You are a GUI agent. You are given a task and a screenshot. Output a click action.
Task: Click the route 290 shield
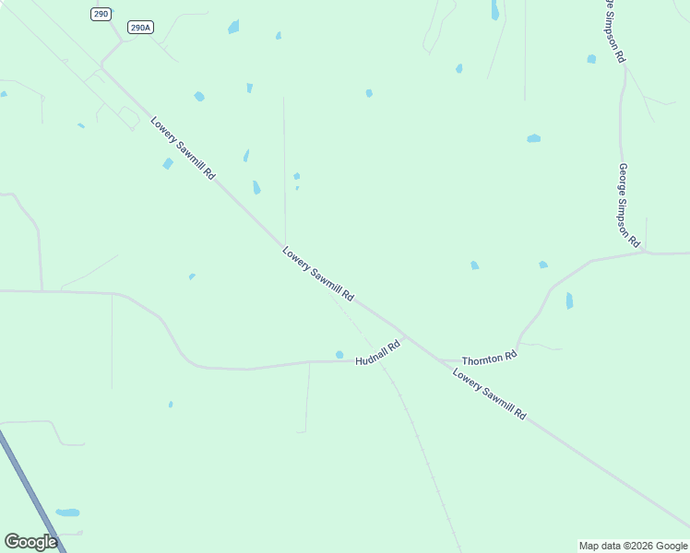(x=101, y=14)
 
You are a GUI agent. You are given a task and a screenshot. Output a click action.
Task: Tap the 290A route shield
(x=139, y=28)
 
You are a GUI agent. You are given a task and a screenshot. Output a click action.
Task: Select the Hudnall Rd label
(x=378, y=351)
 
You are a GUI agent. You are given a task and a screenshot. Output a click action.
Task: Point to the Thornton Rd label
(x=489, y=358)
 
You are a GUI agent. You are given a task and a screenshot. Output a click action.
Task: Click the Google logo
(x=30, y=542)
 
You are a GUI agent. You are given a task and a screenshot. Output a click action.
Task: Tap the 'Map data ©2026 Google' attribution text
(x=634, y=546)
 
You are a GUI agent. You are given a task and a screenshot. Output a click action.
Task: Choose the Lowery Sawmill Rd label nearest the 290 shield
(x=183, y=147)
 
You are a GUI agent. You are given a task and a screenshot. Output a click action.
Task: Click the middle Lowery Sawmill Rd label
(x=318, y=275)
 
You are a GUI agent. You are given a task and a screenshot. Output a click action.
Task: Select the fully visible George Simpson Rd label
(x=629, y=206)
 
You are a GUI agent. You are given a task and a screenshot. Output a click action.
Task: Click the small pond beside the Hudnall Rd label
(x=339, y=355)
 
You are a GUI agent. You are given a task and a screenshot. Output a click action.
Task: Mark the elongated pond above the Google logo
(x=67, y=512)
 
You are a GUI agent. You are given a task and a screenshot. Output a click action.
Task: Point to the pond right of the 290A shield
(x=233, y=27)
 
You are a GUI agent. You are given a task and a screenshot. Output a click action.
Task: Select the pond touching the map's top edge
(x=495, y=9)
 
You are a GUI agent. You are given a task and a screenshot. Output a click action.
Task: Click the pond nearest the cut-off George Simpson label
(x=591, y=59)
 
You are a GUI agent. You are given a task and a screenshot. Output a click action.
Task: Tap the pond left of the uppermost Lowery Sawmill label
(x=168, y=164)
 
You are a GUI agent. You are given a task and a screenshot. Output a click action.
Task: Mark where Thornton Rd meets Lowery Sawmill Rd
(x=439, y=359)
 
